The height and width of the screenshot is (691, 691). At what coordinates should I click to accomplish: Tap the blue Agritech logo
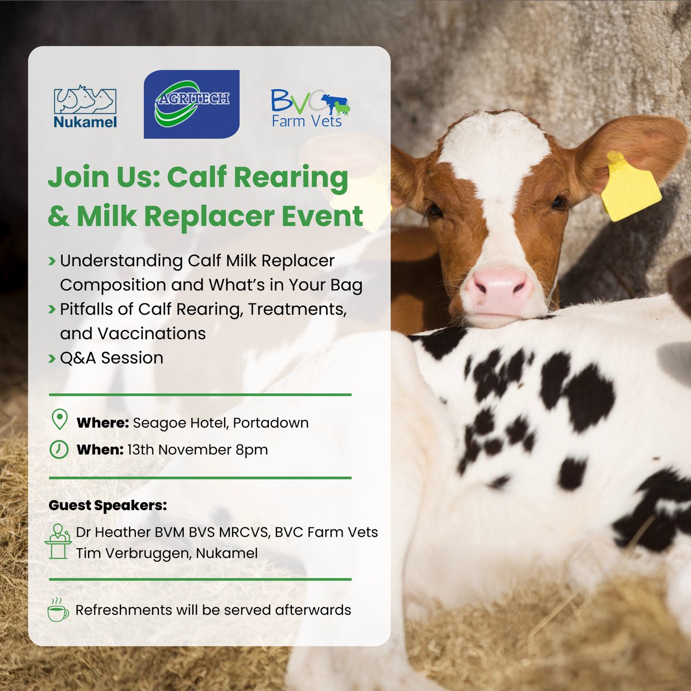(191, 104)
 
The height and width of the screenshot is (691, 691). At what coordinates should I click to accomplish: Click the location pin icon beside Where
(59, 420)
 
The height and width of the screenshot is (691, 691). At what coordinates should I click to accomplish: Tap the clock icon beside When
(59, 449)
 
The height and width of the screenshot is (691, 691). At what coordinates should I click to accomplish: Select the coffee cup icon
(58, 610)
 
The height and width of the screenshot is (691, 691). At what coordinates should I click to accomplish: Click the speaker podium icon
(58, 541)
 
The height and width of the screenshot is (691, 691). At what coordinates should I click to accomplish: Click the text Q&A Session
(111, 358)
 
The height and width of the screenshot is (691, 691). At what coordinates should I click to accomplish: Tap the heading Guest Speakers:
(108, 506)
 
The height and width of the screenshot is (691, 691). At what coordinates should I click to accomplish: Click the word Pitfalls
(85, 309)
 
